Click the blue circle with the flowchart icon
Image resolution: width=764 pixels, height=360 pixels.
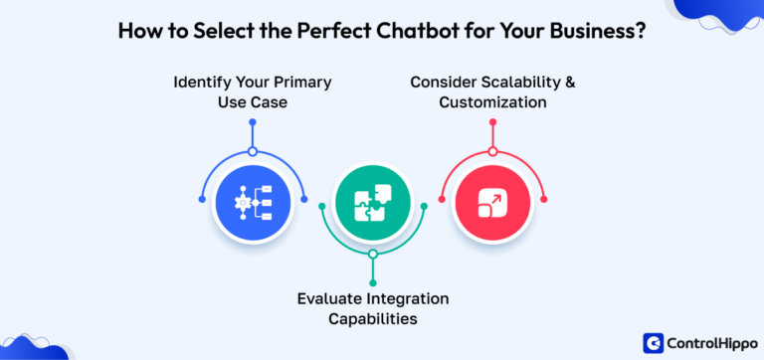pyautogui.click(x=253, y=202)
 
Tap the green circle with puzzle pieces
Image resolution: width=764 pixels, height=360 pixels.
pyautogui.click(x=373, y=202)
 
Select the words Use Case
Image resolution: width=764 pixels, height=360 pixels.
pyautogui.click(x=252, y=101)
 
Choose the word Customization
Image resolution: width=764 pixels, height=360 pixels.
pyautogui.click(x=491, y=101)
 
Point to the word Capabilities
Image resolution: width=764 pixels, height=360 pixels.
pyautogui.click(x=373, y=319)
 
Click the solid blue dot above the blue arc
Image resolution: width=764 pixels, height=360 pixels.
pyautogui.click(x=253, y=123)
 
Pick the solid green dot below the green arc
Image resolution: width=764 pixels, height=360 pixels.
pyautogui.click(x=373, y=279)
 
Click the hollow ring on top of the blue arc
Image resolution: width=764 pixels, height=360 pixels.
pyautogui.click(x=253, y=151)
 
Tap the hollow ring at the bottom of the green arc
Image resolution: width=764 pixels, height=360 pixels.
pyautogui.click(x=373, y=254)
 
